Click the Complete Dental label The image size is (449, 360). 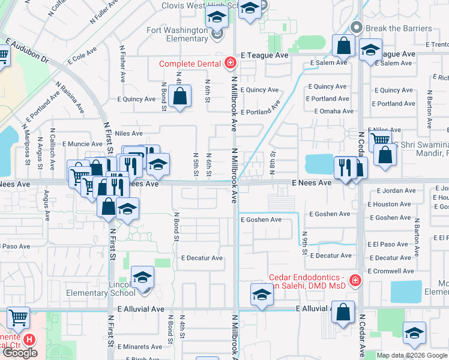pos(188,64)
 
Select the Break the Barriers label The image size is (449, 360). pos(399,28)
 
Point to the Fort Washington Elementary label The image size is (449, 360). pos(177,34)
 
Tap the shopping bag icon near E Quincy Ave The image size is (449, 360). pos(179,95)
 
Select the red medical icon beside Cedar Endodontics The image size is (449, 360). pos(355,280)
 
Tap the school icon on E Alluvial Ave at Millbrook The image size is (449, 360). pos(262,295)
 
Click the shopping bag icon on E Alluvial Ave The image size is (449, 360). pos(343,312)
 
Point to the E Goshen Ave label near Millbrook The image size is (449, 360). pos(261,220)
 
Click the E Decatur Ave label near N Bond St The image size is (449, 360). pos(202,258)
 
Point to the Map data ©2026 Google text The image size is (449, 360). pos(412,355)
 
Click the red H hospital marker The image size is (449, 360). pos(28,340)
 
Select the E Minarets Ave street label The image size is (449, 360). pos(139,347)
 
